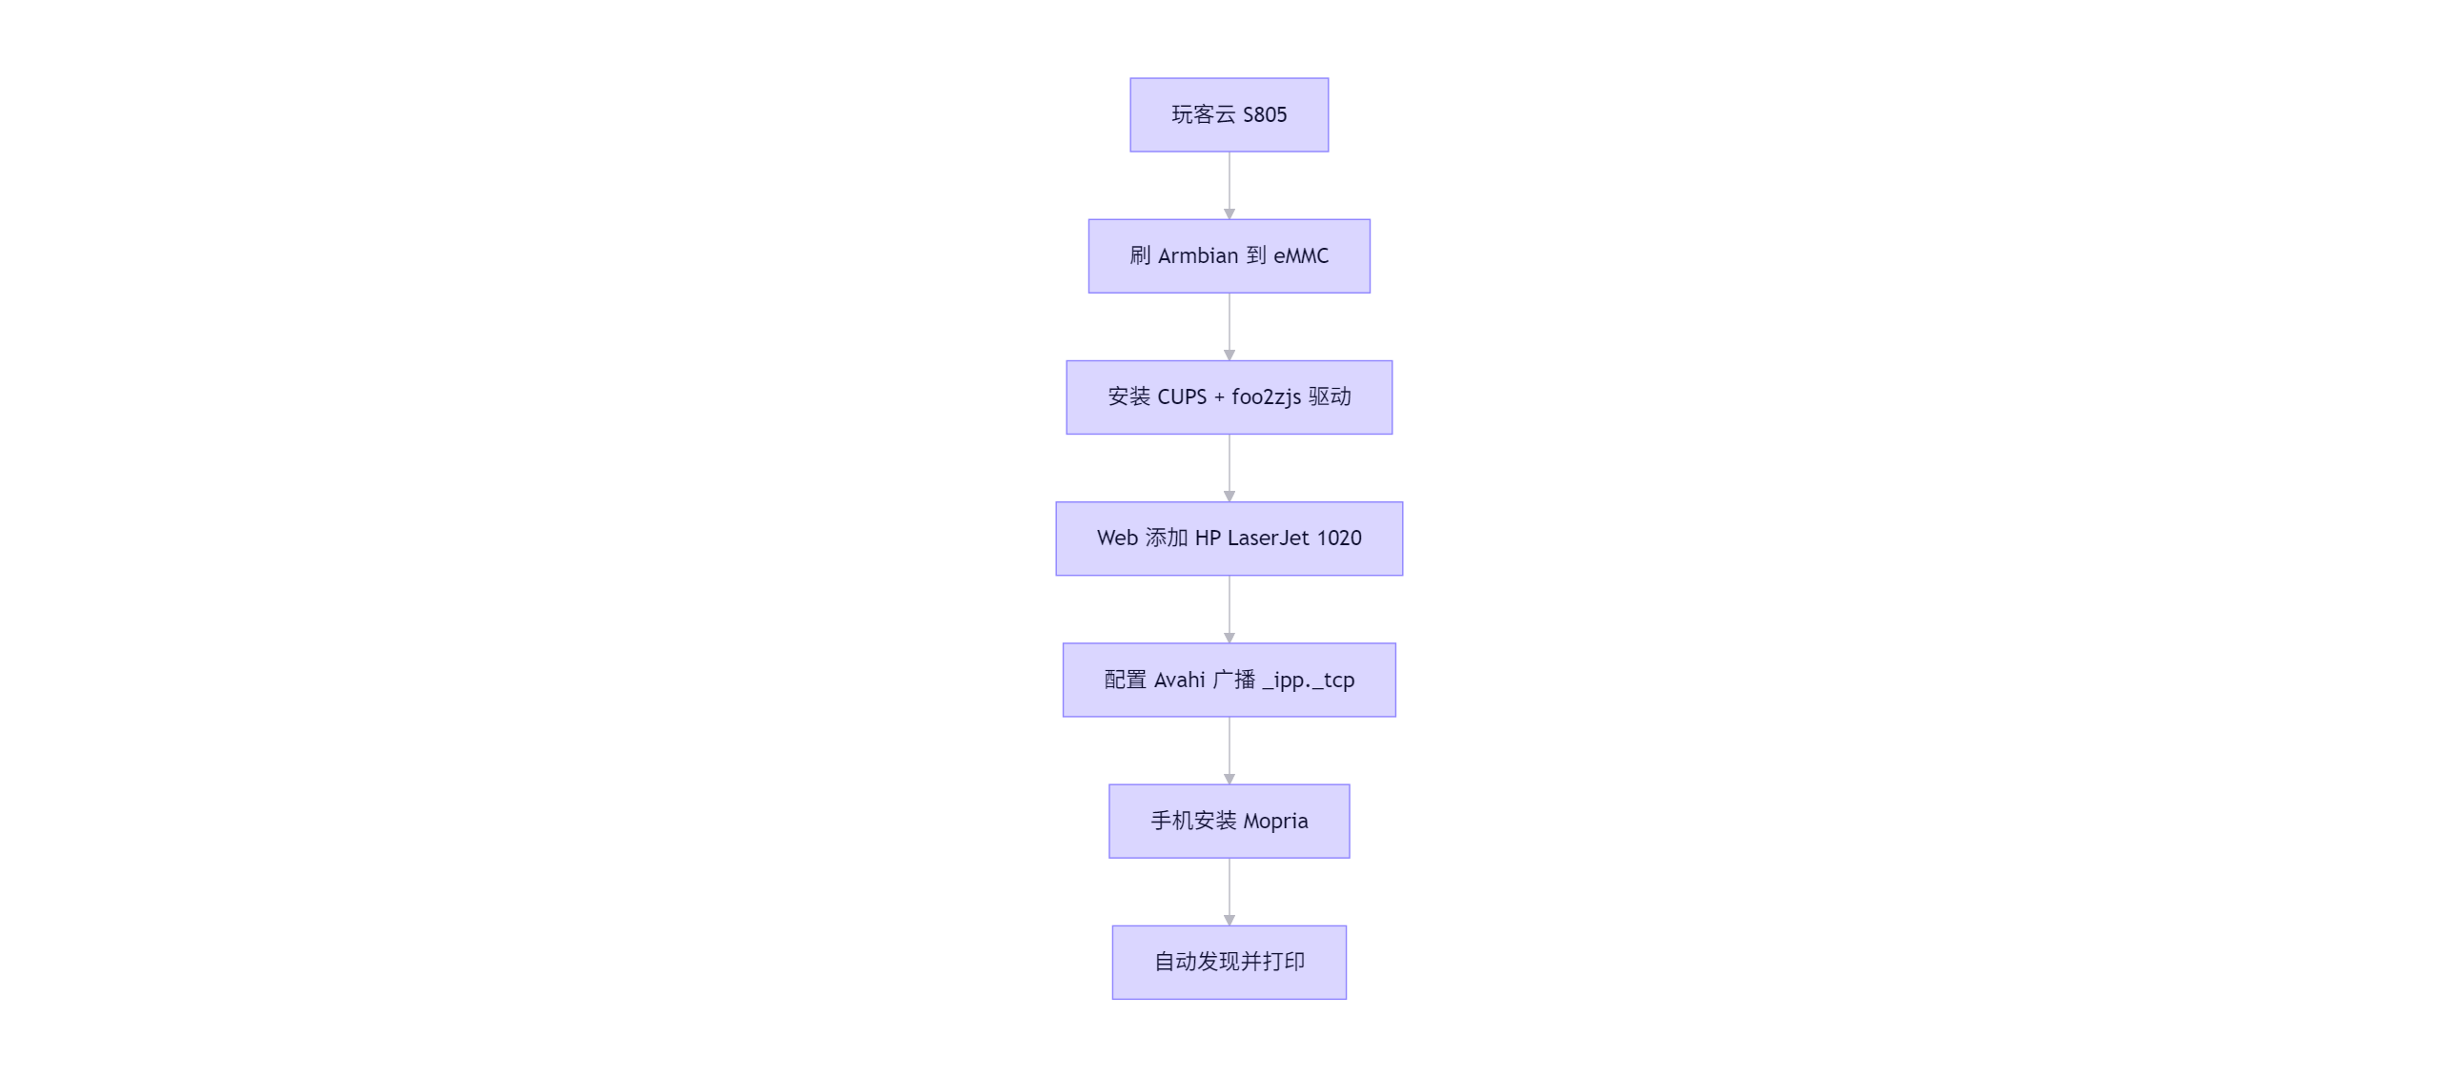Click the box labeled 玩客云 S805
coord(1229,114)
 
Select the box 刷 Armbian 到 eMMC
coord(1229,255)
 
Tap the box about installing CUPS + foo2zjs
coord(1229,397)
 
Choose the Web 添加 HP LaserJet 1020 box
coord(1229,538)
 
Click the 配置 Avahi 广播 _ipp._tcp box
coord(1229,680)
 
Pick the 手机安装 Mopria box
coord(1229,822)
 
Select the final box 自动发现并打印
coord(1229,963)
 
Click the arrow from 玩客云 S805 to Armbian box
coord(1229,185)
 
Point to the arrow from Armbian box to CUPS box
coord(1229,327)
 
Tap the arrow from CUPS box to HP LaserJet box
coord(1229,468)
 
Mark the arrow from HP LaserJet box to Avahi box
coord(1229,609)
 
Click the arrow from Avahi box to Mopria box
coord(1229,750)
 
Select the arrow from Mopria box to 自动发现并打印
coord(1229,892)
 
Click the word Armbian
coord(1197,255)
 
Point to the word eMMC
coord(1300,255)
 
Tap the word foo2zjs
coord(1266,397)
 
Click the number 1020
coord(1338,538)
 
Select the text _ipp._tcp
coord(1308,680)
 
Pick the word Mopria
coord(1275,822)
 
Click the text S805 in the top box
coord(1264,114)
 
